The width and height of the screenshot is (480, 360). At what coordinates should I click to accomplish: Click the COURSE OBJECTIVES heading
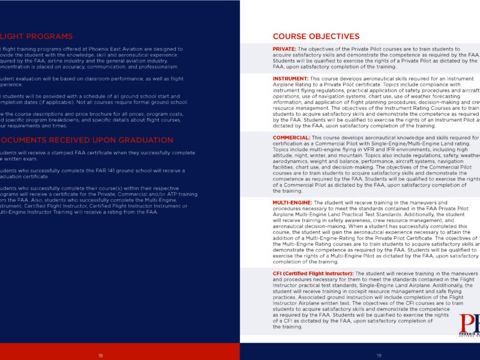316,37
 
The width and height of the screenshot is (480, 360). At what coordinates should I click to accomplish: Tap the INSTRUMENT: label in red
291,79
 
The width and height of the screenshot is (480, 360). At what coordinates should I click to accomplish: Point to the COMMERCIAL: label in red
291,137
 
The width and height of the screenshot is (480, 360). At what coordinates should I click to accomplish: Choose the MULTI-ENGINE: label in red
292,203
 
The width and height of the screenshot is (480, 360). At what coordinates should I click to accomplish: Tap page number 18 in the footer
101,355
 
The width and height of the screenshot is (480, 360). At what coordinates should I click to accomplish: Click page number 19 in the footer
379,355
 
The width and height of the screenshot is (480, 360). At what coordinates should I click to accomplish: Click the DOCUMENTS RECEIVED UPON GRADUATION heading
87,140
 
